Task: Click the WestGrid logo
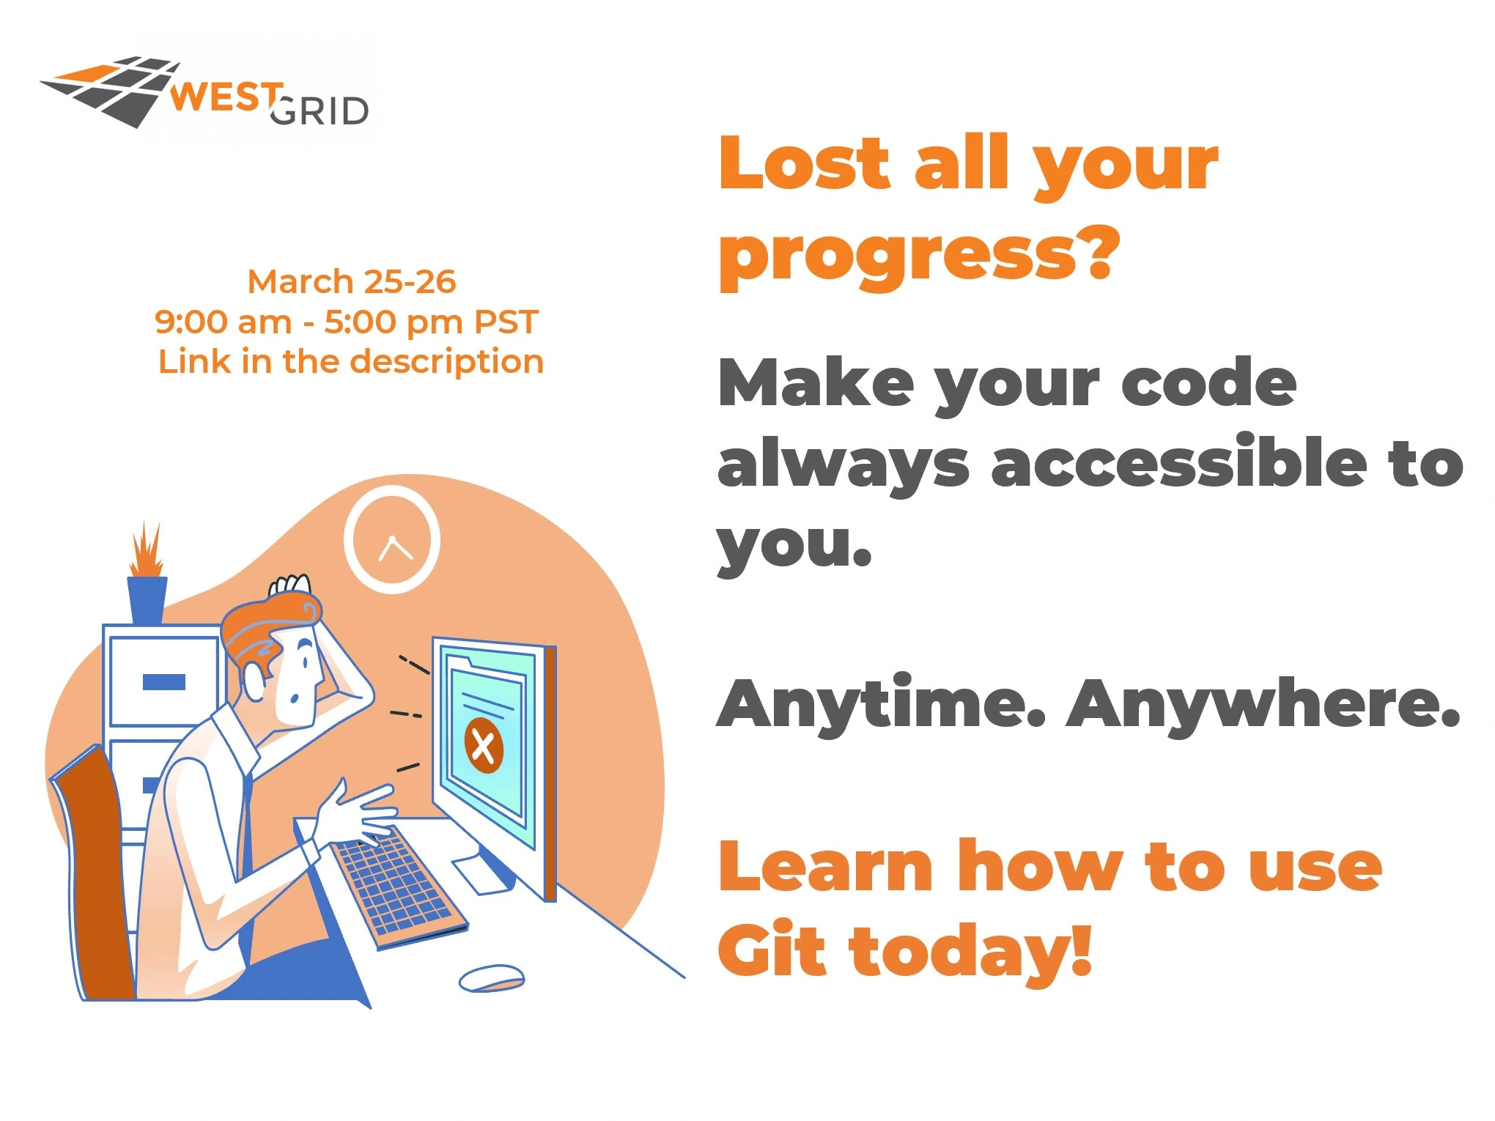click(x=204, y=92)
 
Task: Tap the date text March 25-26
click(x=352, y=281)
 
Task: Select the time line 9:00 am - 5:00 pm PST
click(x=347, y=322)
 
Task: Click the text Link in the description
click(x=351, y=362)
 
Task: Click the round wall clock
click(x=392, y=540)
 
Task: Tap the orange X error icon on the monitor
click(x=484, y=746)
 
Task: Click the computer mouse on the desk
click(x=492, y=978)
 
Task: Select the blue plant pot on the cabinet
click(x=147, y=600)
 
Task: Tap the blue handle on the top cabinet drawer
click(x=164, y=682)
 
